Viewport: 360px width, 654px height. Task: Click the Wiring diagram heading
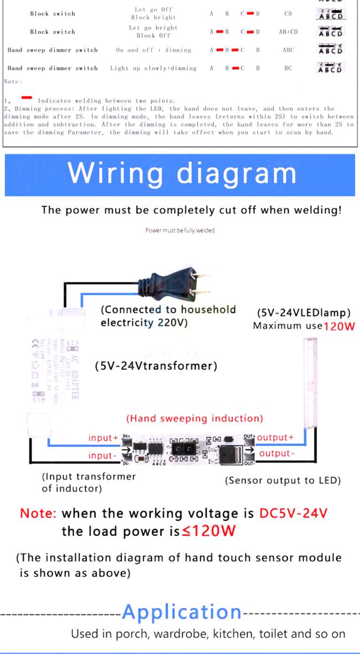tap(182, 173)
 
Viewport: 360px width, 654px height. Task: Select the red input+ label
tap(103, 438)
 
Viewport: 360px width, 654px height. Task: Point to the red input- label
tap(103, 456)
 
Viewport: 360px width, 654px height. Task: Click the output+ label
tap(275, 437)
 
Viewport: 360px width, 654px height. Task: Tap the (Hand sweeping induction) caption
tap(195, 418)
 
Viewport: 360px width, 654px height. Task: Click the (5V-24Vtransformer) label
tap(156, 366)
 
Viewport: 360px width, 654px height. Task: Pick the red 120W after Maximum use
tap(339, 326)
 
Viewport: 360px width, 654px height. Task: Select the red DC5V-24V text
tap(293, 513)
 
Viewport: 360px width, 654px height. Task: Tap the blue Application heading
tap(182, 612)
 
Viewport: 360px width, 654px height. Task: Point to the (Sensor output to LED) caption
tap(282, 481)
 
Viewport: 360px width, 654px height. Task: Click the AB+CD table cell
tap(288, 32)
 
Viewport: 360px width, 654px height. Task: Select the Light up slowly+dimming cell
tap(153, 68)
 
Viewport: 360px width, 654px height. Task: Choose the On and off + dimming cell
tap(153, 50)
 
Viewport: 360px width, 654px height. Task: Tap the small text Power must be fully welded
tap(179, 230)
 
